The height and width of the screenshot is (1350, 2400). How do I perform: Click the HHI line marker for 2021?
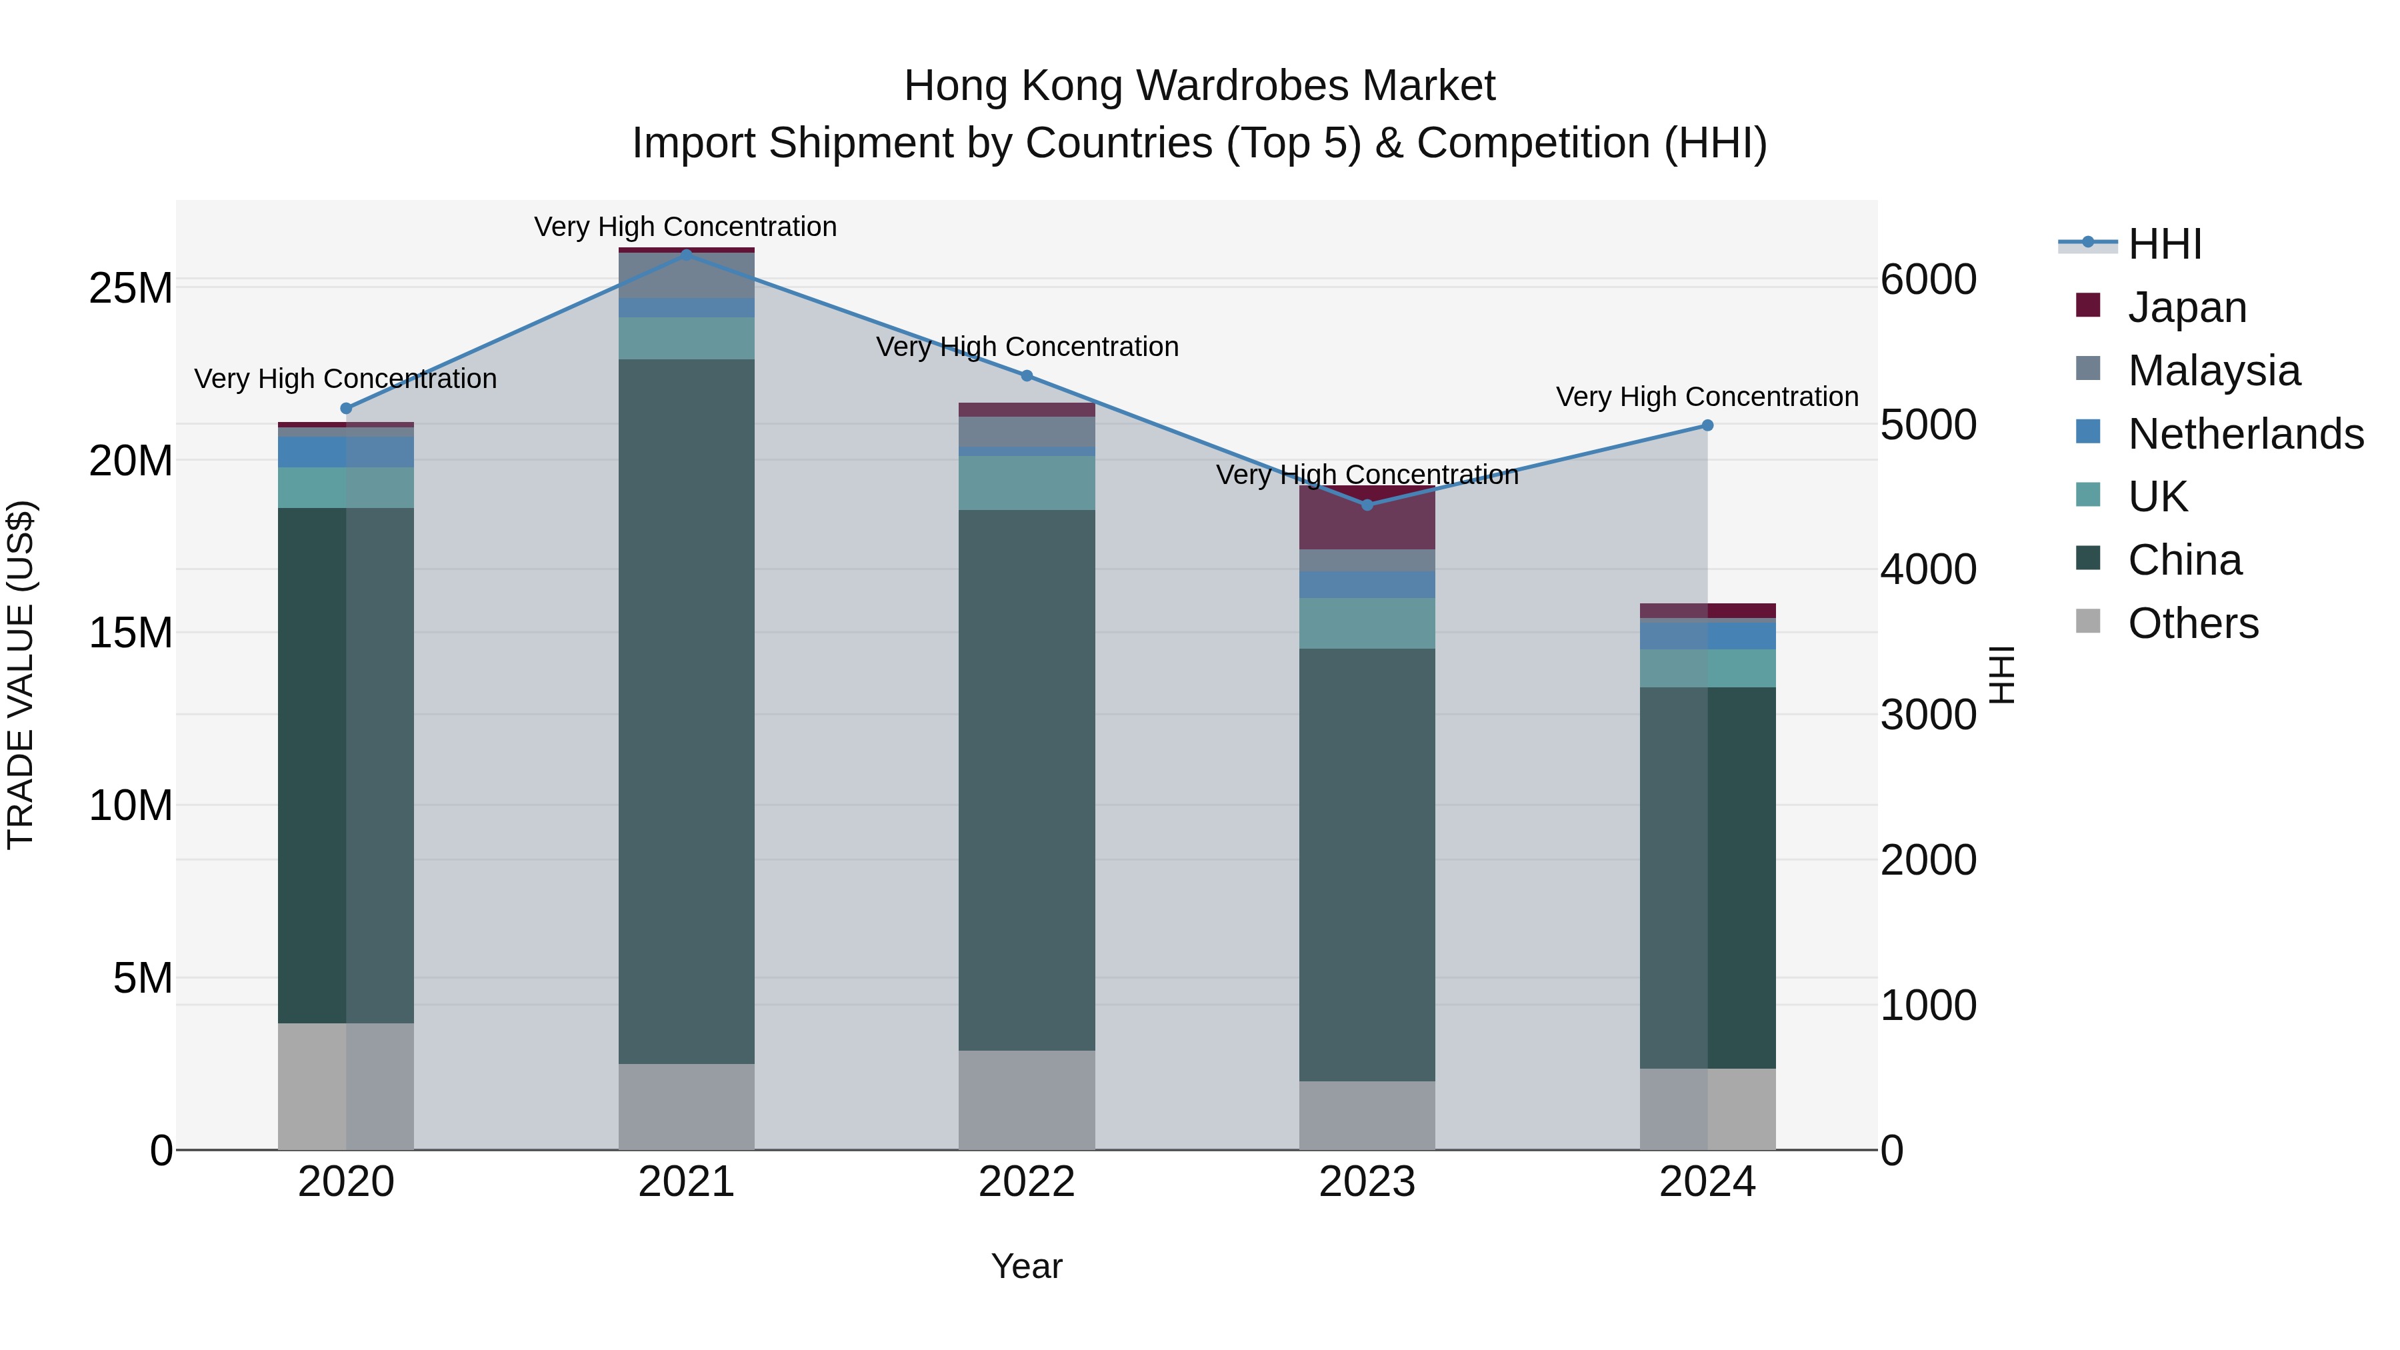[687, 255]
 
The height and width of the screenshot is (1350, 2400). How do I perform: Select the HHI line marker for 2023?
[1367, 505]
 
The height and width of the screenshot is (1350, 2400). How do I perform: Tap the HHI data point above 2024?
[1707, 425]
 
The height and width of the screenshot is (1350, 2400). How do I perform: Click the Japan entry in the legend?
[2186, 307]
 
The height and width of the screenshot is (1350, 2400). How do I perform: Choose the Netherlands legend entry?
[2245, 434]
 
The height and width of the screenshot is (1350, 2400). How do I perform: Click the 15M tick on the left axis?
[131, 633]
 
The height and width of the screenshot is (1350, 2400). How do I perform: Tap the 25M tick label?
[131, 289]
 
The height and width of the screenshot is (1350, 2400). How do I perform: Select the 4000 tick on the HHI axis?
[1927, 570]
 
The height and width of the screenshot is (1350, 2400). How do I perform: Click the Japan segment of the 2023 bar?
[1367, 519]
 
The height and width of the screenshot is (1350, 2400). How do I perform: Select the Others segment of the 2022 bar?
[1027, 1099]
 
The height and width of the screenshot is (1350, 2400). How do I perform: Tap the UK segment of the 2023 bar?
[1367, 623]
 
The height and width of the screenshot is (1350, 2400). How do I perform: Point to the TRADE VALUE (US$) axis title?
[21, 675]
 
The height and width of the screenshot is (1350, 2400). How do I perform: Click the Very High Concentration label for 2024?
[1707, 397]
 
